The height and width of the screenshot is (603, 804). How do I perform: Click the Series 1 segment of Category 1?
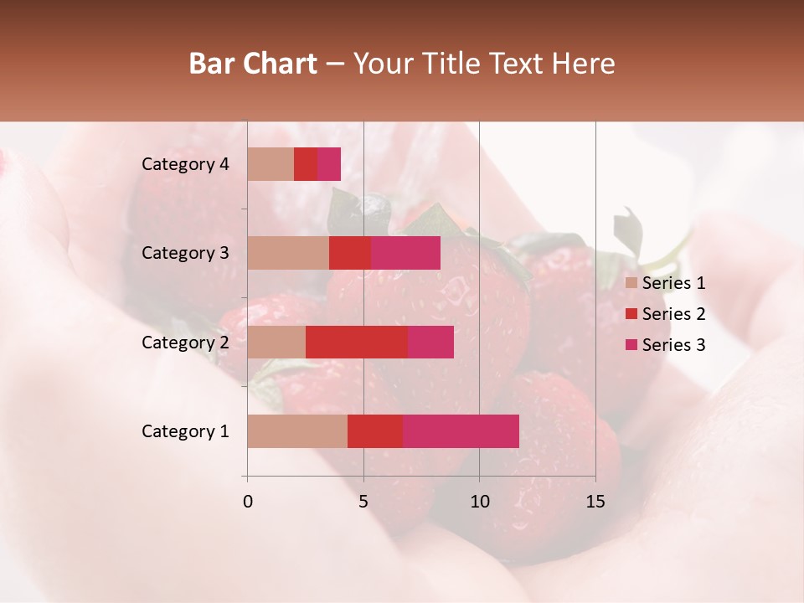(x=297, y=431)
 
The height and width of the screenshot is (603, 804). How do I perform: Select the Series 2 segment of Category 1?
(x=375, y=431)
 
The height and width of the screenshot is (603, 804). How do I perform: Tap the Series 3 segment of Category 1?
(x=461, y=431)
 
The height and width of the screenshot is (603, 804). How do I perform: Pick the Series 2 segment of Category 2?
(x=357, y=342)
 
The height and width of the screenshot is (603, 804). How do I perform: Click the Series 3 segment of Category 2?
(x=430, y=342)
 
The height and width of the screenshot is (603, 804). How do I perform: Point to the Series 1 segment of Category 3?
(x=288, y=253)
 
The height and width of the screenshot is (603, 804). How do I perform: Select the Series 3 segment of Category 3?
(x=405, y=253)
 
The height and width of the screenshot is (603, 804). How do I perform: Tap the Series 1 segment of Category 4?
(x=271, y=164)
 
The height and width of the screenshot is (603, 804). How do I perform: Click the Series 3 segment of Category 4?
(x=329, y=164)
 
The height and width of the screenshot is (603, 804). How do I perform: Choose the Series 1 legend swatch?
(x=631, y=283)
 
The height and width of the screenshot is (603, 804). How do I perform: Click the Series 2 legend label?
(x=673, y=314)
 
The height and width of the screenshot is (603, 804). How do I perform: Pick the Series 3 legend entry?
(x=665, y=345)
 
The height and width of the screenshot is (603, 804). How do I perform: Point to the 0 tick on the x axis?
(x=247, y=502)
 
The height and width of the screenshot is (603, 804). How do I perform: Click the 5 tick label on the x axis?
(x=363, y=502)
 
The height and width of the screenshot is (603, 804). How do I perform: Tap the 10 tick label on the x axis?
(x=479, y=502)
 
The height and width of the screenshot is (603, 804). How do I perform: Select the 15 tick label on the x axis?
(x=595, y=502)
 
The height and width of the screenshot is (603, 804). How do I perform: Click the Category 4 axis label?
(x=185, y=164)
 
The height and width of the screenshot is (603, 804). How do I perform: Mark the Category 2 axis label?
(x=185, y=342)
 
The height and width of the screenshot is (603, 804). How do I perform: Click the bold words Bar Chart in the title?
(x=253, y=64)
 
